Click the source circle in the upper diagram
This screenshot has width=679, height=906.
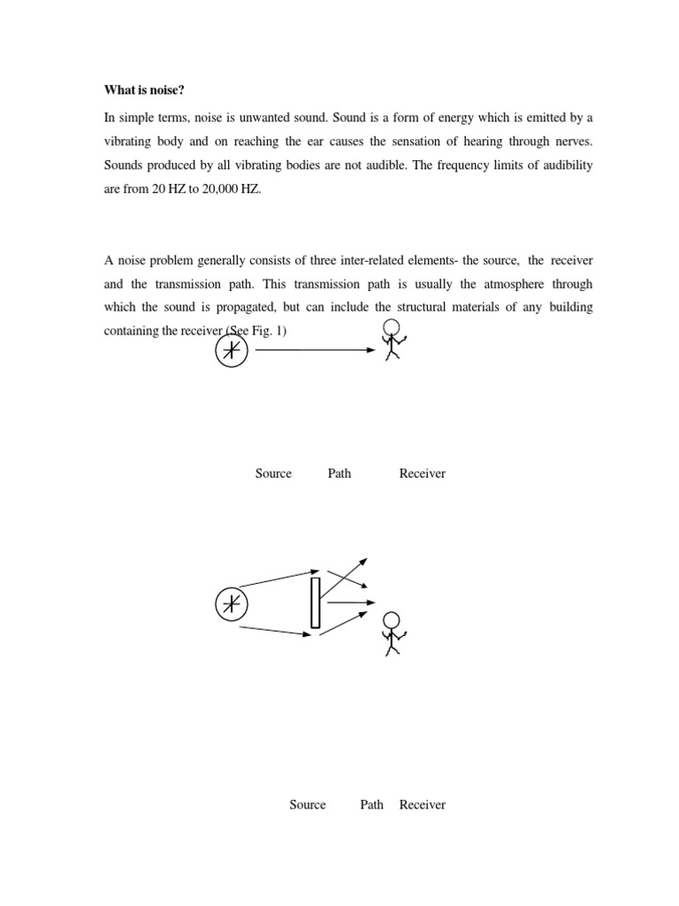point(232,351)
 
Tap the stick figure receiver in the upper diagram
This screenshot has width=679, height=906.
point(390,340)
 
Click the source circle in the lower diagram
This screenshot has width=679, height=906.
point(232,604)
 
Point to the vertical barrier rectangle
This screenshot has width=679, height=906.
point(315,603)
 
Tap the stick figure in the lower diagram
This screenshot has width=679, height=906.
point(390,633)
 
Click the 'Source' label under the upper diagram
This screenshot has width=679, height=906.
point(273,473)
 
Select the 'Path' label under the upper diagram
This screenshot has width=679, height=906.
point(339,473)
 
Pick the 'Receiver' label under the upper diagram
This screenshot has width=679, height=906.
point(422,473)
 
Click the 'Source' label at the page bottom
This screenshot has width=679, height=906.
point(308,804)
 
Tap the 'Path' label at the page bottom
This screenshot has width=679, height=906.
point(372,804)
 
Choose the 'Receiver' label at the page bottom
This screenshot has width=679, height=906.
point(422,804)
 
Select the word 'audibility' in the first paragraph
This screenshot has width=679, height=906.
point(561,165)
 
